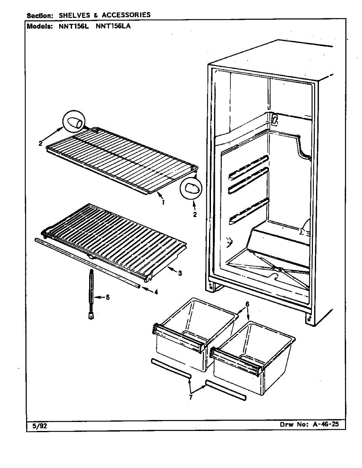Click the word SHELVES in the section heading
point(74,15)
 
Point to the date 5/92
point(37,426)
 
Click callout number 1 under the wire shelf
point(163,202)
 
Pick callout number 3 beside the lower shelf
point(180,273)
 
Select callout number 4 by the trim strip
point(156,292)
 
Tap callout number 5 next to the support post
point(107,298)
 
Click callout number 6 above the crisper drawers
point(247,304)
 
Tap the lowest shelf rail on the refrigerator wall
point(248,212)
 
